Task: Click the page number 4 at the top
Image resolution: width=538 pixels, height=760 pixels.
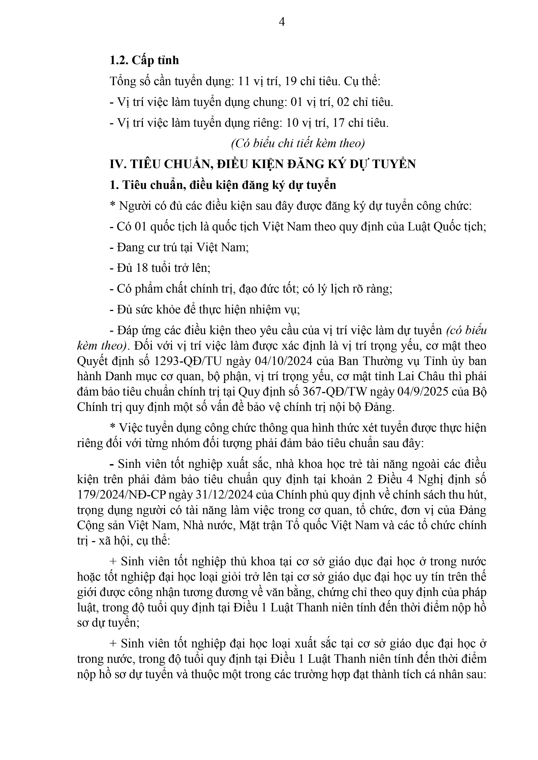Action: click(282, 22)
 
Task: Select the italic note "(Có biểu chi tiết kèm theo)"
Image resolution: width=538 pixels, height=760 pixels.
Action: click(298, 143)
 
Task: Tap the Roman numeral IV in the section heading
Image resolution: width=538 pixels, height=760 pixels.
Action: click(116, 164)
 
